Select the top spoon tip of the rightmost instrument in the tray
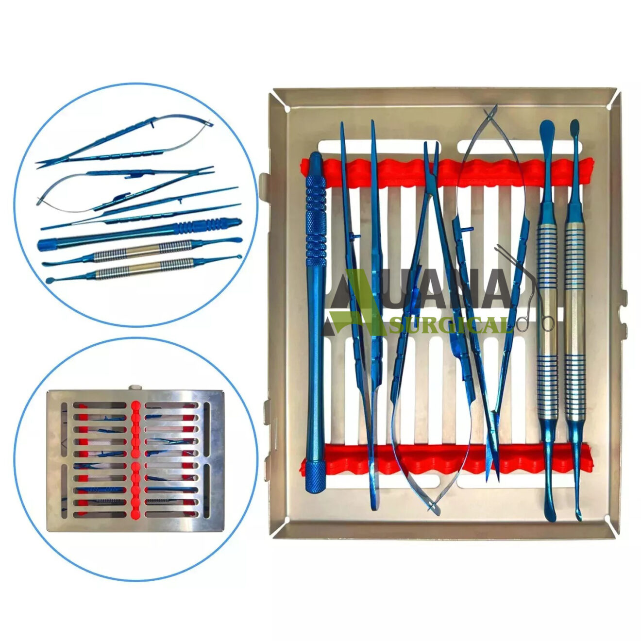[x=575, y=129]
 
